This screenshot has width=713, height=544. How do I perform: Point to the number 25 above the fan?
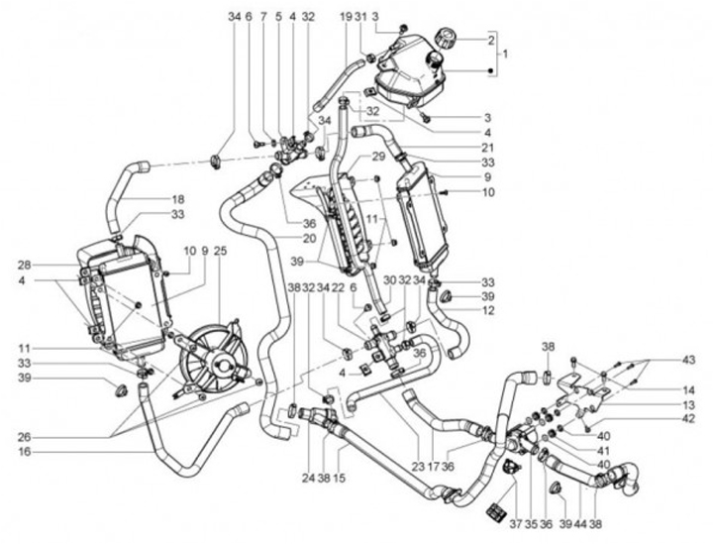click(220, 250)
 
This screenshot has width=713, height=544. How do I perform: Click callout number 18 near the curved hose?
click(178, 199)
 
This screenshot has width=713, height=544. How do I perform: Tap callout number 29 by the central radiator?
click(351, 158)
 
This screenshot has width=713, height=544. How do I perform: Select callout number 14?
click(688, 389)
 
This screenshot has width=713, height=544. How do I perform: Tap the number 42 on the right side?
click(688, 419)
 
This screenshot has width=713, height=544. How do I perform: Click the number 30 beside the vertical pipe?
click(389, 281)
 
